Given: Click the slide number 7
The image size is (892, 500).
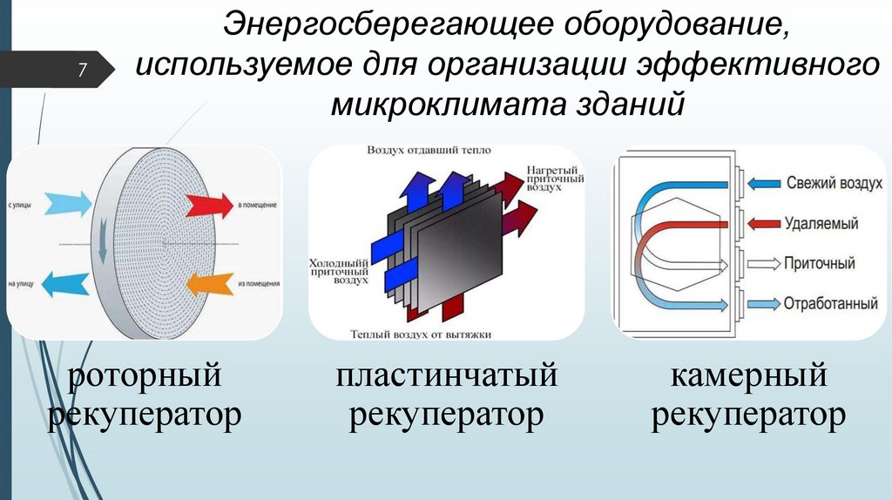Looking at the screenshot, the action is point(83,71).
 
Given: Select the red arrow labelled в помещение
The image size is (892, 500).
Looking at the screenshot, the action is point(209,206).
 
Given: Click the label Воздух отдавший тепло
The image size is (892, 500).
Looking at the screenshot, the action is point(429,150).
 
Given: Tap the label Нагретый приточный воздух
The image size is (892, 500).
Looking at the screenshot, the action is point(554,177).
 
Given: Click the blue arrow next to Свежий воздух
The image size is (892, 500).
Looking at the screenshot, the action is point(764,183).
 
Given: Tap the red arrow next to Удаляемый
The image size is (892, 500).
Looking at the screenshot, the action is point(764,223).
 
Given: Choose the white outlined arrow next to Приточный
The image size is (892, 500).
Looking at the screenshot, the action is point(764,263).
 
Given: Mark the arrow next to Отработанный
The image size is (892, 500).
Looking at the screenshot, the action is point(764,303).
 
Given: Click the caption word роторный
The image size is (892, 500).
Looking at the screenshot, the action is point(144,377).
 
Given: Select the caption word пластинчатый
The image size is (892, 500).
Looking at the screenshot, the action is point(446,377).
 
